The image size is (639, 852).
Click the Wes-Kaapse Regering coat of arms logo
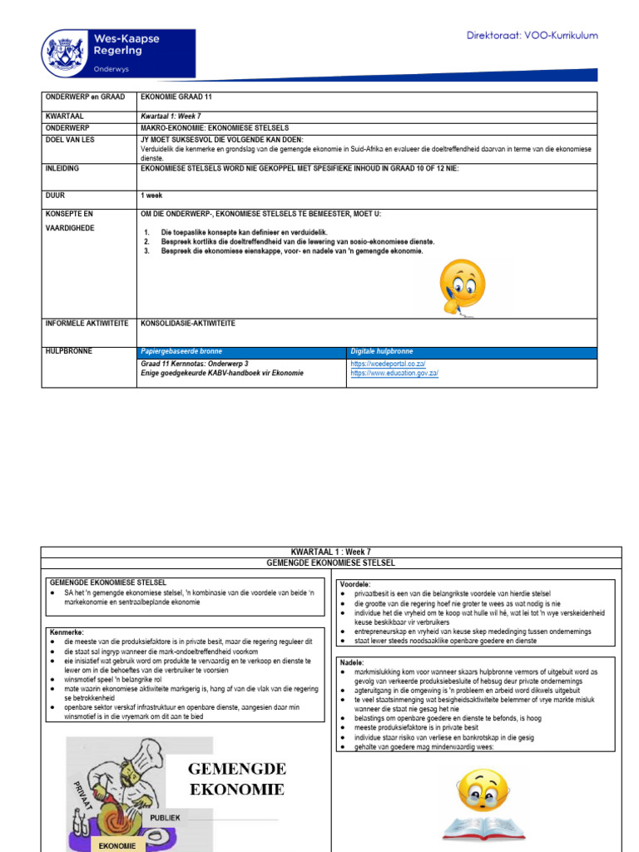tap(65, 53)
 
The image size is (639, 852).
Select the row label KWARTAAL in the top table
tap(65, 116)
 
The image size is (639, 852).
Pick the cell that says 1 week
tap(152, 196)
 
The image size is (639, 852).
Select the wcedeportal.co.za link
tap(388, 364)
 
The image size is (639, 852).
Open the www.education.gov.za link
tap(394, 374)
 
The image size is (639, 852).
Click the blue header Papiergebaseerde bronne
tap(181, 352)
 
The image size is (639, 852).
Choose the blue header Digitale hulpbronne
tap(381, 352)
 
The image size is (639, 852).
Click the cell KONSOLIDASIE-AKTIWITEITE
tap(188, 323)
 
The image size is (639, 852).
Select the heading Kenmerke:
tap(67, 632)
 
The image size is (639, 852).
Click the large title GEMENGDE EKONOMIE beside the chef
tap(236, 778)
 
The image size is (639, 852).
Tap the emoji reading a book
tap(483, 804)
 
